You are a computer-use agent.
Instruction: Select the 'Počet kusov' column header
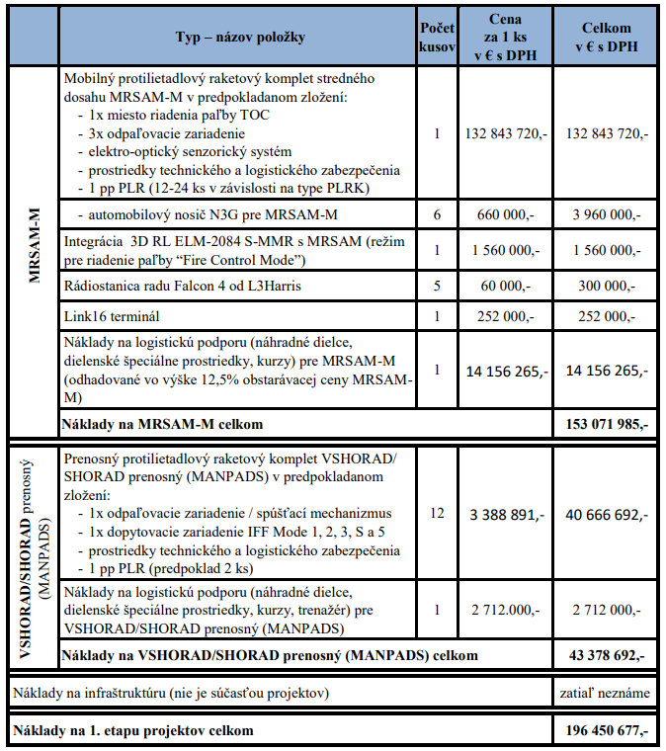pyautogui.click(x=436, y=38)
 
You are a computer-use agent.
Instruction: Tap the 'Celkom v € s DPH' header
pyautogui.click(x=607, y=38)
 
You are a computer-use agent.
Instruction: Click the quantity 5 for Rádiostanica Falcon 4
pyautogui.click(x=436, y=286)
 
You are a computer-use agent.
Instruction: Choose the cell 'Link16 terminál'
pyautogui.click(x=112, y=316)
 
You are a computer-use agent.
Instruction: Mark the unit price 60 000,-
pyautogui.click(x=505, y=286)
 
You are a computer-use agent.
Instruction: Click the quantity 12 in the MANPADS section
pyautogui.click(x=436, y=513)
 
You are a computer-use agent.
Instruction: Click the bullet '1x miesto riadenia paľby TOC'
pyautogui.click(x=172, y=116)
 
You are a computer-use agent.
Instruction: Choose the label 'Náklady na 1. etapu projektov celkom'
pyautogui.click(x=132, y=731)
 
